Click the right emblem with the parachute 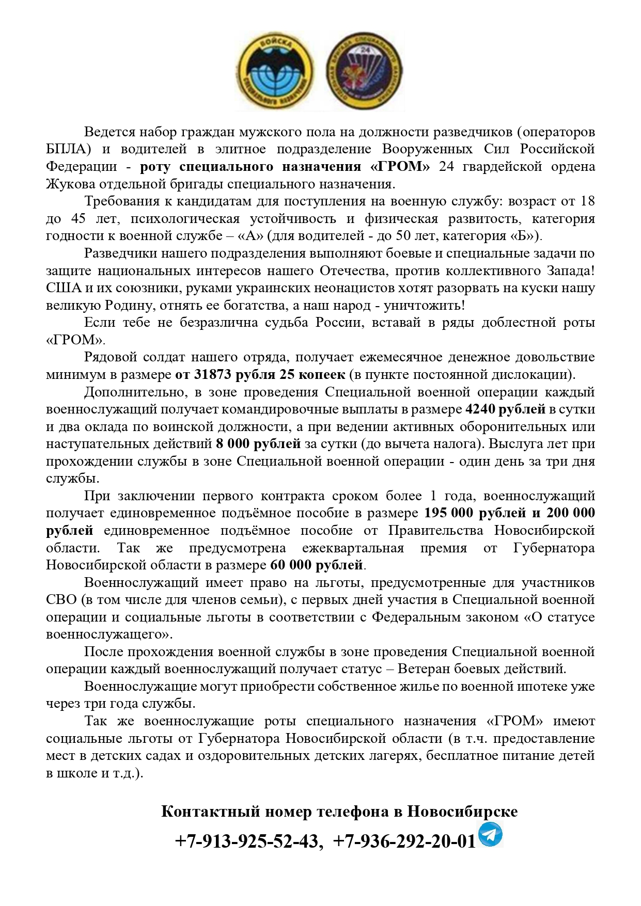click(x=364, y=71)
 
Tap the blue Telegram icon click(x=490, y=835)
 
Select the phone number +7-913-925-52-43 click(x=247, y=841)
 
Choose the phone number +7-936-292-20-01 click(x=404, y=841)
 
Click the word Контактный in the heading click(x=210, y=811)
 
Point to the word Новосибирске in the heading click(x=462, y=811)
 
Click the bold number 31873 click(x=215, y=374)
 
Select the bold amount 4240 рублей click(x=505, y=409)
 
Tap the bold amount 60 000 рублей click(x=316, y=565)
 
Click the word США click(x=64, y=288)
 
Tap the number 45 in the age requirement click(x=79, y=218)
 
